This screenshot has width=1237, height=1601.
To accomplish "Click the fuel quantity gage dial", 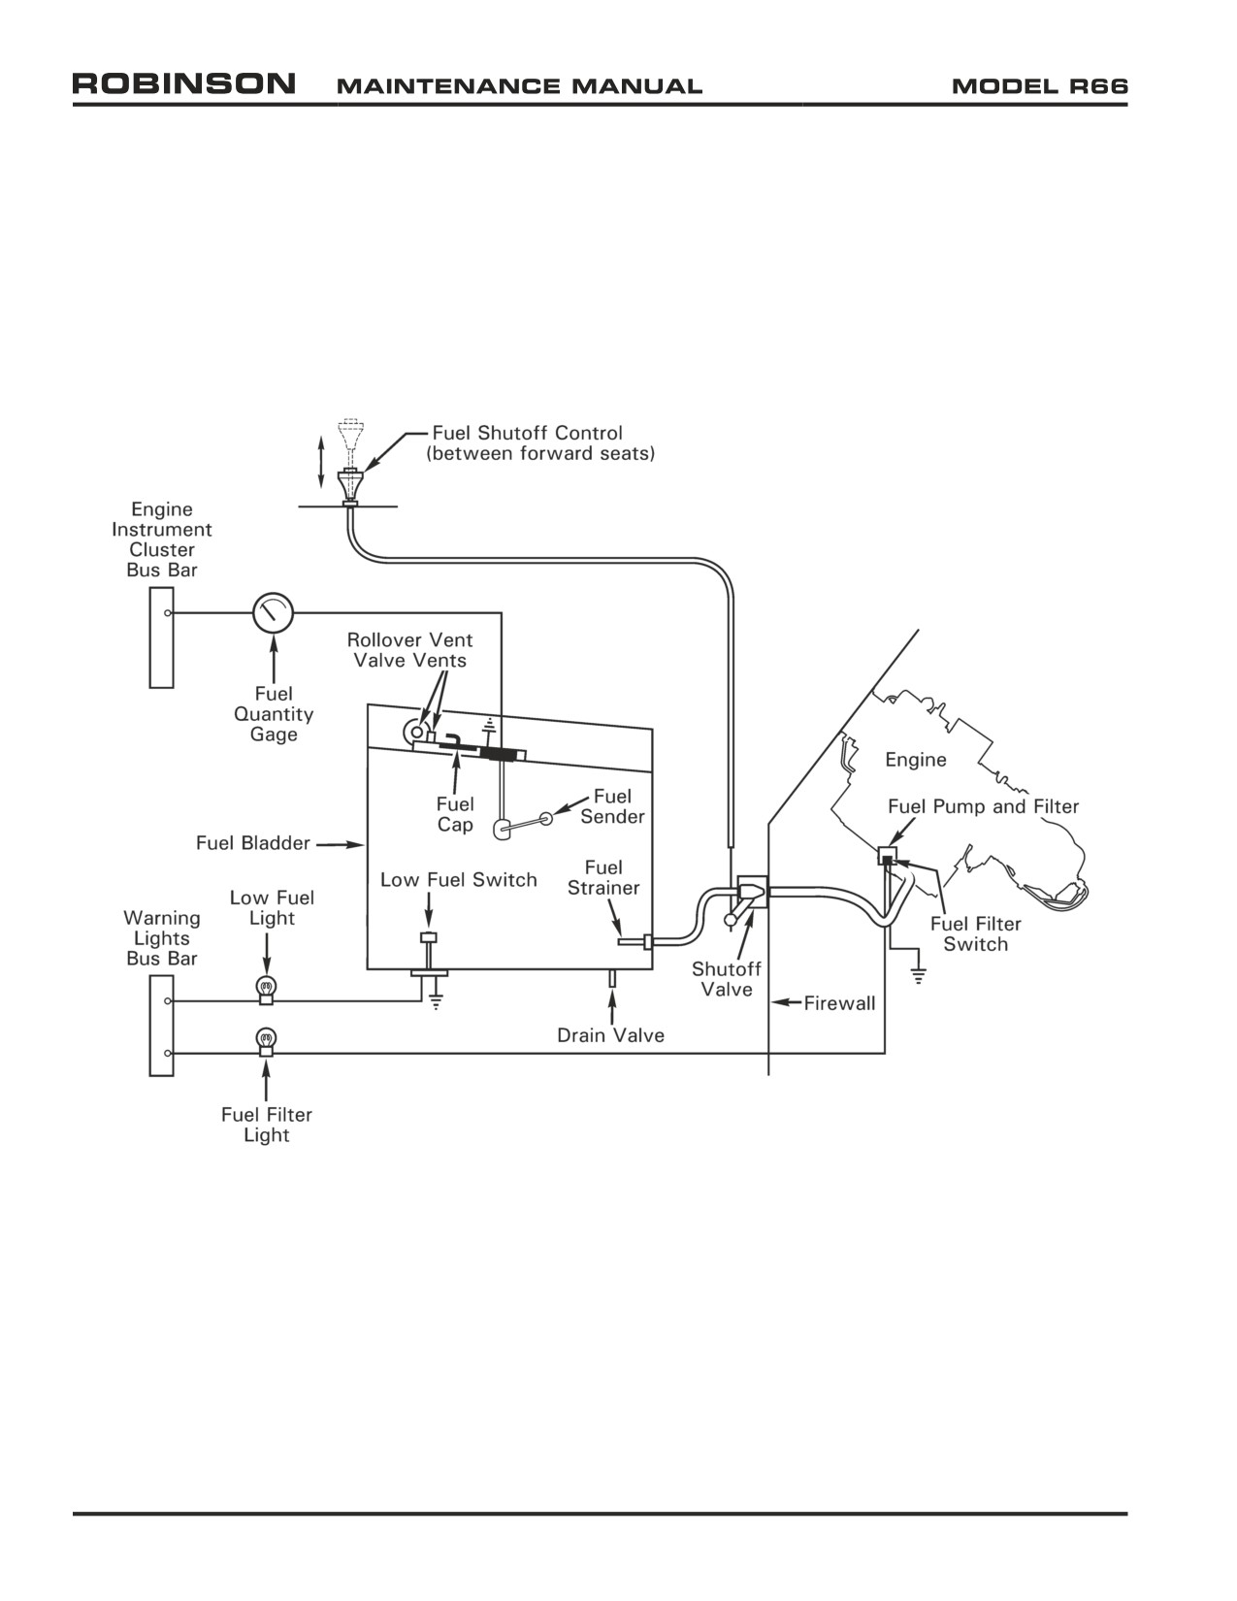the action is pyautogui.click(x=273, y=612).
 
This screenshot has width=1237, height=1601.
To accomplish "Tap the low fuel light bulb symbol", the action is pyautogui.click(x=266, y=988).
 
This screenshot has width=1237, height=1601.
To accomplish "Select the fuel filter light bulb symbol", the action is pyautogui.click(x=266, y=1041).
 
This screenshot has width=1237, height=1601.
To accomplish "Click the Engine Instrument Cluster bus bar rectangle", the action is pyautogui.click(x=161, y=637).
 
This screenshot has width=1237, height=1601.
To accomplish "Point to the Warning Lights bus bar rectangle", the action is pyautogui.click(x=161, y=1026).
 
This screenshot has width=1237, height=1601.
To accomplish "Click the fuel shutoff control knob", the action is pyautogui.click(x=350, y=485).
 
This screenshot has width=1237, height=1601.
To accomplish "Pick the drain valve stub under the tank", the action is pyautogui.click(x=611, y=978).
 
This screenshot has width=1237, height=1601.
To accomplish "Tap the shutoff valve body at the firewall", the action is pyautogui.click(x=752, y=892).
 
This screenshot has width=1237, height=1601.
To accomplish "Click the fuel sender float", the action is pyautogui.click(x=503, y=829).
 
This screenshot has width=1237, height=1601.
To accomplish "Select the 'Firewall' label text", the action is pyautogui.click(x=839, y=1002).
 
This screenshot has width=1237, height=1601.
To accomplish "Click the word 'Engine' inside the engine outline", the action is pyautogui.click(x=916, y=760).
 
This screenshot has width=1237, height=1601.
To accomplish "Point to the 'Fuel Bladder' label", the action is pyautogui.click(x=252, y=843).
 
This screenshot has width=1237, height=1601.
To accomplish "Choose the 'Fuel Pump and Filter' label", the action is pyautogui.click(x=983, y=806).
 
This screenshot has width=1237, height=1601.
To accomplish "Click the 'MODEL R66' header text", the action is pyautogui.click(x=1039, y=86).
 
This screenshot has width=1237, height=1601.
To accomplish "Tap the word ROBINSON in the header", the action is pyautogui.click(x=183, y=83).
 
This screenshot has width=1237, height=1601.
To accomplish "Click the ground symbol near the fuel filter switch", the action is pyautogui.click(x=918, y=975).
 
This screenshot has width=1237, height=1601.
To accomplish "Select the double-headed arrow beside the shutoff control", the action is pyautogui.click(x=320, y=462).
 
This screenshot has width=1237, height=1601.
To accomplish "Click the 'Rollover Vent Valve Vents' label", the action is pyautogui.click(x=409, y=650).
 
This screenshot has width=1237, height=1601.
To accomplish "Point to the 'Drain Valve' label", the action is pyautogui.click(x=610, y=1035).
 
